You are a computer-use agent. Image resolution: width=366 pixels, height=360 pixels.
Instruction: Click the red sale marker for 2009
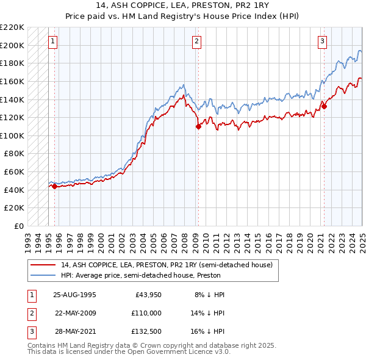pos(198,126)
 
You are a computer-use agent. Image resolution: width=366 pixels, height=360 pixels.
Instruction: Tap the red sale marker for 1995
pos(54,187)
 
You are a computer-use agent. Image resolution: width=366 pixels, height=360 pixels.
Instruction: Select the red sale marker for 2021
pos(324,106)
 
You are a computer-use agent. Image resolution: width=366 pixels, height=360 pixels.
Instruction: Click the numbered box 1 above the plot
pos(52,41)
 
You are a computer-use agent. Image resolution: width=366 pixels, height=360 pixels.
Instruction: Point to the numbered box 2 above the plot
pos(196,41)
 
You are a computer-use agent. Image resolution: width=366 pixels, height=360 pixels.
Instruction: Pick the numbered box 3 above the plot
pos(321,41)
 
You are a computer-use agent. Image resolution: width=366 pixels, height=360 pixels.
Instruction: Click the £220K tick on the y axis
pos(12,27)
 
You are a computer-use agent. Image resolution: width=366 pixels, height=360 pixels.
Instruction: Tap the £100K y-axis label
pos(12,135)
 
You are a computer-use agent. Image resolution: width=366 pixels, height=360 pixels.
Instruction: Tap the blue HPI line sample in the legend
pos(43,275)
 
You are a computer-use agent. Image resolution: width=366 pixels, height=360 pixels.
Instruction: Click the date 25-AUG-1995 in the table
pos(74,295)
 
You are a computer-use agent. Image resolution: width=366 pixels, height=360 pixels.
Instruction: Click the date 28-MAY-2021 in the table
pos(74,333)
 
